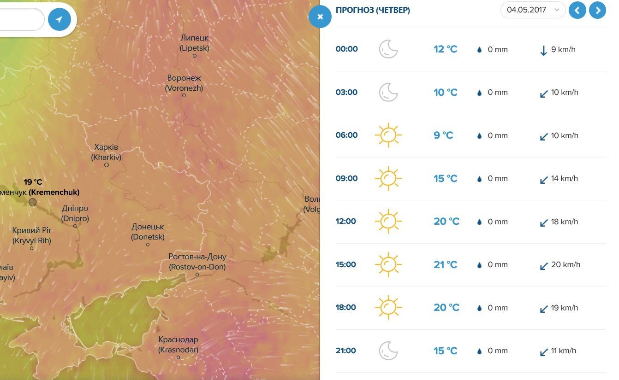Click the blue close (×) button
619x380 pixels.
pos(321,17)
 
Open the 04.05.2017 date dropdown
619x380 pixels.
pos(533,10)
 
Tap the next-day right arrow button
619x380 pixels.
pos(598,10)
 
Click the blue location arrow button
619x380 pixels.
pos(60,19)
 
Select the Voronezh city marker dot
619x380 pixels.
pos(184,95)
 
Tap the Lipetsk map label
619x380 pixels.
pos(194,43)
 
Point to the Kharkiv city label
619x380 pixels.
pos(106,152)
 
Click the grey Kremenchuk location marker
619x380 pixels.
pos(32,202)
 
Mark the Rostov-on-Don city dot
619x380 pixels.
pos(197,275)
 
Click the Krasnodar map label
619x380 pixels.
pos(178,345)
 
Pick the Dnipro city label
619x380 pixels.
pos(75,214)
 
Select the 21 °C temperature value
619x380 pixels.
pos(445,264)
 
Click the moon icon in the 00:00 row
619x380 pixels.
pos(388,49)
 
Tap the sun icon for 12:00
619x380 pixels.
pos(388,221)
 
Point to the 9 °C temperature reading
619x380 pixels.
pos(443,135)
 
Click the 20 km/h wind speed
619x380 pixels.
pos(565,264)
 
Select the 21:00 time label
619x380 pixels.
pos(346,351)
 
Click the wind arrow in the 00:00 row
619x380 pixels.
pos(543,50)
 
